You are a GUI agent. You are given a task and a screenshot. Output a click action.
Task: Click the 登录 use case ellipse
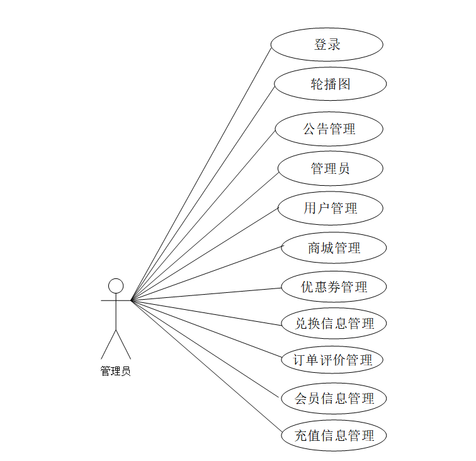click(327, 45)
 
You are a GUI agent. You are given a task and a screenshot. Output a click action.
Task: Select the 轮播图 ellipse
click(330, 84)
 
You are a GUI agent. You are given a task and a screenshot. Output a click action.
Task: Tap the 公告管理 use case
click(329, 129)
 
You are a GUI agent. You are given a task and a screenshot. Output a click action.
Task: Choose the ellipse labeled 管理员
click(330, 169)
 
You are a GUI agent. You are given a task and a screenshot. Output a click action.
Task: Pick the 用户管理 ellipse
click(330, 208)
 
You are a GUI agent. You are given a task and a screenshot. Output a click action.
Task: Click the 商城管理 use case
click(334, 248)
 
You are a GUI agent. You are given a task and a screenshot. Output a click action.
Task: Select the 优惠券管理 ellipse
click(334, 287)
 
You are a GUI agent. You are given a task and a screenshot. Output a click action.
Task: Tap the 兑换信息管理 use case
click(334, 324)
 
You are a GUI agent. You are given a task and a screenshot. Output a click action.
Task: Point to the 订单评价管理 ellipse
click(332, 360)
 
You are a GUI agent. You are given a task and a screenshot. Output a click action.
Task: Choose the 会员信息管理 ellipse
click(334, 398)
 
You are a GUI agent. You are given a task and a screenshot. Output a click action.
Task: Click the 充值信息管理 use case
click(334, 435)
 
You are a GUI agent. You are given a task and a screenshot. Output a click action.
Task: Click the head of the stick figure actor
click(116, 286)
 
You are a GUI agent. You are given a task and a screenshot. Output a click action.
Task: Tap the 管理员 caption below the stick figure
click(116, 371)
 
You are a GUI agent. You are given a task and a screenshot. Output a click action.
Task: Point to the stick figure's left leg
click(108, 344)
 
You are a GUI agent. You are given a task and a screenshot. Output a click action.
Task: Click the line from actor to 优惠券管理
click(207, 294)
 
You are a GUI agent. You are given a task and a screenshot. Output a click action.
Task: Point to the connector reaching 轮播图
click(203, 192)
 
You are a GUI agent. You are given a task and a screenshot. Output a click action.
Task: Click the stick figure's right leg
click(124, 344)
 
